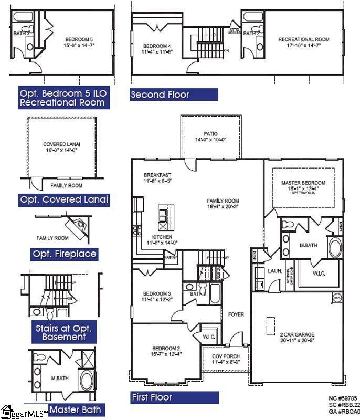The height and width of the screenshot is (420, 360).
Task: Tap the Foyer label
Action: (236, 314)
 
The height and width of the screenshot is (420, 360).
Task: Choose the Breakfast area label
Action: (157, 178)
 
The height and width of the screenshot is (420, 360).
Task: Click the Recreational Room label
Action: (303, 43)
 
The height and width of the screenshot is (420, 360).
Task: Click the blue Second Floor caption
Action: (174, 94)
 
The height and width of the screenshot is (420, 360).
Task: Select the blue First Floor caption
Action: (174, 397)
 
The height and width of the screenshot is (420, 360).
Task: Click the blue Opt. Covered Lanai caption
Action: (64, 200)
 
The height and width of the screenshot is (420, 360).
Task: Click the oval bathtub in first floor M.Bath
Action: (335, 247)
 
